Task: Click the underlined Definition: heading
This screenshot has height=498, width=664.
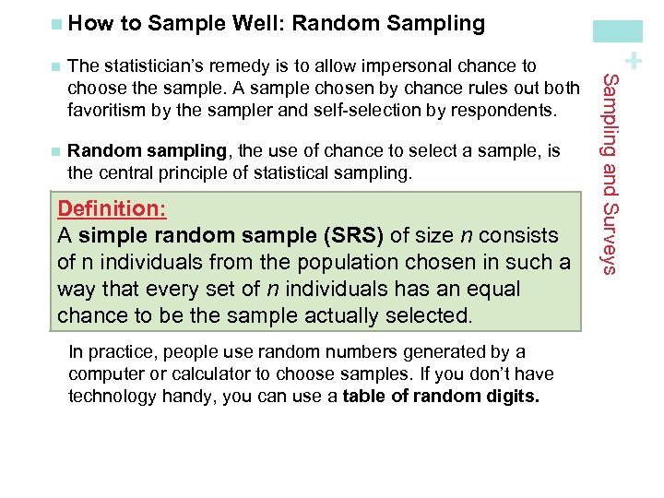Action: coord(112,208)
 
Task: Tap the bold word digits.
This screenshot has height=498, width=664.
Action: coord(514,396)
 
